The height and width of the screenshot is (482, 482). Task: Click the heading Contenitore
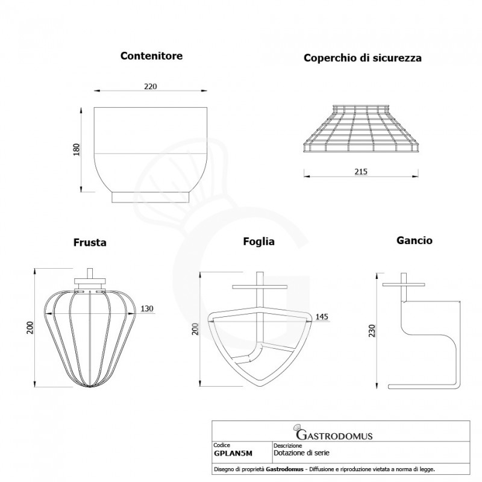click(151, 55)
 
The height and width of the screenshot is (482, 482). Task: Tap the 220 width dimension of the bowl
click(150, 86)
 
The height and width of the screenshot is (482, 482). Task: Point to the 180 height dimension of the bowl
click(77, 149)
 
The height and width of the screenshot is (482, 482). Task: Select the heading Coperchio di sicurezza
click(363, 58)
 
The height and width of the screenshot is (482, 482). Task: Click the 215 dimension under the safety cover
click(361, 172)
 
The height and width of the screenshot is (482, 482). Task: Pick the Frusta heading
click(90, 242)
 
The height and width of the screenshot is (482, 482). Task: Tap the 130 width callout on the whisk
click(146, 308)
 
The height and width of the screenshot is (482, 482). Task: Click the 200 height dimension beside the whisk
click(30, 328)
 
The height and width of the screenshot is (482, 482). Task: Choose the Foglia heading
click(258, 242)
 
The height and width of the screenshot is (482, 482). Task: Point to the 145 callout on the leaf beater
click(322, 316)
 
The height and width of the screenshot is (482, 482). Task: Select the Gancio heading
click(415, 240)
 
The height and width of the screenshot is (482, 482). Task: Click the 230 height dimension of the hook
click(372, 331)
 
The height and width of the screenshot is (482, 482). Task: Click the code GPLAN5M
click(233, 454)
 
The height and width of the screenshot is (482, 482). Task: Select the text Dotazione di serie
click(301, 453)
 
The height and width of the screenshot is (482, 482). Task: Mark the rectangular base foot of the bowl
click(150, 198)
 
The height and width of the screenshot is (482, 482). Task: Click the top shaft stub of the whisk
click(90, 274)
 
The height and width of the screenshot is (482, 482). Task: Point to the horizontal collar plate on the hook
click(404, 284)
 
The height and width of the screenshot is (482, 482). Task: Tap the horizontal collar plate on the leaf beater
click(260, 287)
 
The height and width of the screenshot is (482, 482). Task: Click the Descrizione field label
click(287, 445)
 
